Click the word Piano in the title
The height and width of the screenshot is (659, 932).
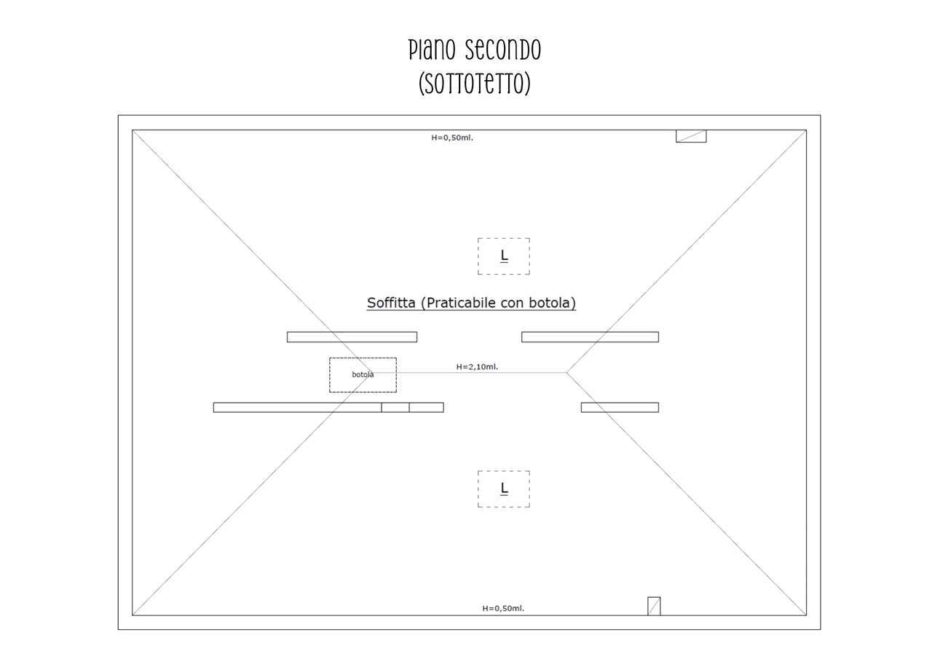click(432, 50)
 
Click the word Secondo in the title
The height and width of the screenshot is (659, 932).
click(502, 50)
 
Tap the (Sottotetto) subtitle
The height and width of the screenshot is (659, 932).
click(475, 84)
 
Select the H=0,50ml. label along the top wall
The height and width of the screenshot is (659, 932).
click(452, 138)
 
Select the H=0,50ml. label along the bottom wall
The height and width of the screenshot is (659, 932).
click(503, 608)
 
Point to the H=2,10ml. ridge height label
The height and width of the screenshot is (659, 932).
click(477, 366)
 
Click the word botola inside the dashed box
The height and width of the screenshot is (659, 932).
click(363, 374)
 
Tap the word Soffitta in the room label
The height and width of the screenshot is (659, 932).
click(391, 302)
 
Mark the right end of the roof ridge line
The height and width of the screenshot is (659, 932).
click(566, 372)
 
